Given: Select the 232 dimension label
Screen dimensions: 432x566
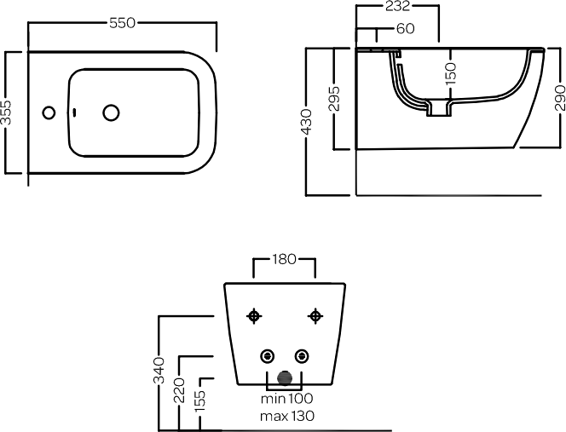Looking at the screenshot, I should (x=396, y=7).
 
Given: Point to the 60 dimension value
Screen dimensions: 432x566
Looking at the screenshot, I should (x=406, y=29).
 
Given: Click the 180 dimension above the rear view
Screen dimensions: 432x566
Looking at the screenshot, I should (x=285, y=259).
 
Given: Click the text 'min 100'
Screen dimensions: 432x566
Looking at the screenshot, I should (x=287, y=399).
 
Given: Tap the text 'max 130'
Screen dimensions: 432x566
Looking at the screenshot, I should (x=287, y=416).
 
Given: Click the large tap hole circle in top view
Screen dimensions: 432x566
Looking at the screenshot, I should (x=111, y=112).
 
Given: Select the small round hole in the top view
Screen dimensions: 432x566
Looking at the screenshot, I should (x=49, y=112).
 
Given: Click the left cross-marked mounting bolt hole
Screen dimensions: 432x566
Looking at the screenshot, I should (x=253, y=316).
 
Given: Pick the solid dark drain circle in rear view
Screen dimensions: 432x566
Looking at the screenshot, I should (x=285, y=378).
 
